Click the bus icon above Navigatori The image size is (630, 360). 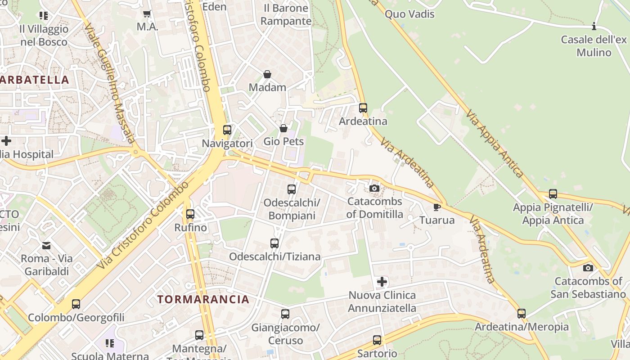[227, 130]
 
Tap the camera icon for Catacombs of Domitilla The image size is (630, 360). [374, 188]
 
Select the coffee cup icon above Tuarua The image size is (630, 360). [436, 207]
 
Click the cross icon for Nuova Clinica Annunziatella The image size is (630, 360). [382, 282]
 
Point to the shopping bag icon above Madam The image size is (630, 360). [267, 74]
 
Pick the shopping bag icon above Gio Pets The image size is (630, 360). [283, 128]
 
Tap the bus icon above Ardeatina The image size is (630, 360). [363, 108]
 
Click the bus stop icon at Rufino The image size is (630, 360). [190, 214]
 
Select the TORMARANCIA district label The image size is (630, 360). [203, 299]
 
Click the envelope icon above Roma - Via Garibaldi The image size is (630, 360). [46, 246]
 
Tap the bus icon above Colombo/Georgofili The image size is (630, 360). [76, 304]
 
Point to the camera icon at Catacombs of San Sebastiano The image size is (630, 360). [588, 268]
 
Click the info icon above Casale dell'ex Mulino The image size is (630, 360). [594, 27]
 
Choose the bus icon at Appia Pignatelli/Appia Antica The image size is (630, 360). [553, 194]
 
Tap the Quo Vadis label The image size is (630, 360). [409, 14]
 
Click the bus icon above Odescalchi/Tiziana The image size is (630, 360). [274, 243]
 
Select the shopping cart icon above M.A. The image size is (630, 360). [147, 14]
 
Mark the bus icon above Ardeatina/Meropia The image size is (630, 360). [522, 313]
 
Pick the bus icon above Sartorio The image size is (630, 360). [377, 340]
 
